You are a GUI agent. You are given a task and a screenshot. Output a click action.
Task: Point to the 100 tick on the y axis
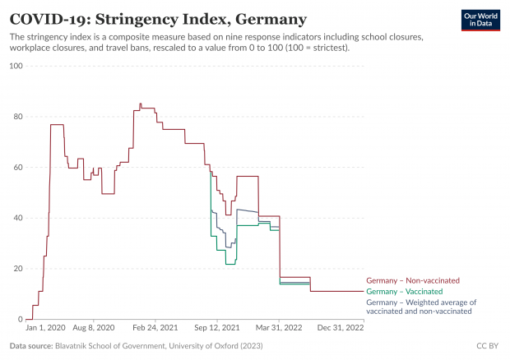coord(15,66)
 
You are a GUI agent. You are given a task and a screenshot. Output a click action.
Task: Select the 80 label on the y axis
coord(16,117)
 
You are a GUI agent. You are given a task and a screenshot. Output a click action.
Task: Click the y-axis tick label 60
coord(16,168)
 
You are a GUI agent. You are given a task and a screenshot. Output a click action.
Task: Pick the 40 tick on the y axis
coord(16,218)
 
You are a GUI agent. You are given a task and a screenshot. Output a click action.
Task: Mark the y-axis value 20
coord(16,269)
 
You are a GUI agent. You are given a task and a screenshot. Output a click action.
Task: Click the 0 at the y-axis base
coord(19,320)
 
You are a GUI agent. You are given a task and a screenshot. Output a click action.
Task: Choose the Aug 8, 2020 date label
coord(93,327)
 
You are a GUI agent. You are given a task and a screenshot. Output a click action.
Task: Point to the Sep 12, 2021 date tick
coord(217,327)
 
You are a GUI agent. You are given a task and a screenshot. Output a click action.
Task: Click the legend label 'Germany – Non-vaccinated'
coord(412,280)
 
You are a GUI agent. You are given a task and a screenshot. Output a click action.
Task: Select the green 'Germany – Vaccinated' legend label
coord(404,292)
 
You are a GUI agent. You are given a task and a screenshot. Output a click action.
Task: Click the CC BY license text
coord(487,346)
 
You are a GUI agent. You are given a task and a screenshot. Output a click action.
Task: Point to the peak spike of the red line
coord(140,104)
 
